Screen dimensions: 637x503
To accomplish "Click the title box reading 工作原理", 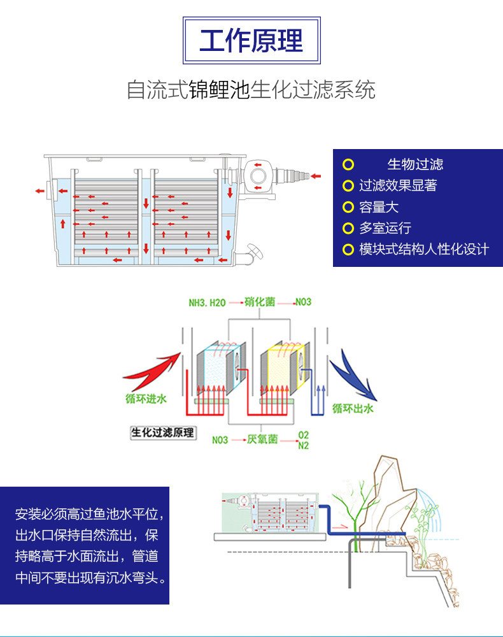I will coord(251,41).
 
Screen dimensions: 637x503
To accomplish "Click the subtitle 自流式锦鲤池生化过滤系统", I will coord(251,90).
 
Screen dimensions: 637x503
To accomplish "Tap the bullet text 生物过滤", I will coord(415,164).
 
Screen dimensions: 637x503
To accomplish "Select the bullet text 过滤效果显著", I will coord(398,185).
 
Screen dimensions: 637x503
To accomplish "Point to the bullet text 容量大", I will coord(379,207).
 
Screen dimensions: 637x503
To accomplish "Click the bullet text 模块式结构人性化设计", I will coord(423,249).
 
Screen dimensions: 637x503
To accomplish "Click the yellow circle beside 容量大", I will coord(348,207).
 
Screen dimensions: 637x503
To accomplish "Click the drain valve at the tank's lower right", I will coord(254,253).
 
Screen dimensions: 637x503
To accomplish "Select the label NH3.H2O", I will coord(207,302).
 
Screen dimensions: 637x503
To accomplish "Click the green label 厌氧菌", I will coord(262,440).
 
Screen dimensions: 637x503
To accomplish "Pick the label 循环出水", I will coord(353,409).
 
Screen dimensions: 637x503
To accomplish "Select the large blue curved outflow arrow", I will coord(356,376).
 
